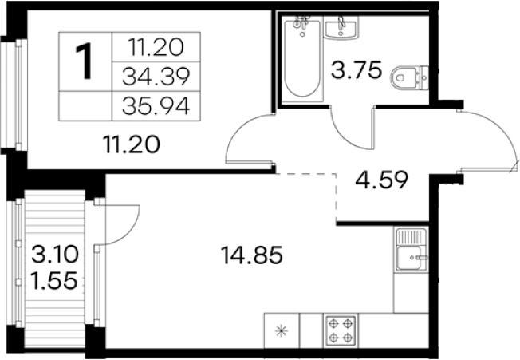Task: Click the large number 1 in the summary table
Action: tap(83, 62)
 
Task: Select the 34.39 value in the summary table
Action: tap(156, 77)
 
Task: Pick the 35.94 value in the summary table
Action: tap(156, 106)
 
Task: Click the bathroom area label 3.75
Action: tap(357, 70)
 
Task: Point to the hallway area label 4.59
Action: tap(381, 180)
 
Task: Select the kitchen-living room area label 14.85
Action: tap(252, 255)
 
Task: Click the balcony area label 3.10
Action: tap(55, 255)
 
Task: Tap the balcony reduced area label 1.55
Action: tap(53, 280)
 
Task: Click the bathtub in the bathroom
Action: tap(302, 59)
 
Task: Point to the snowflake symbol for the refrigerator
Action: tap(282, 330)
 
